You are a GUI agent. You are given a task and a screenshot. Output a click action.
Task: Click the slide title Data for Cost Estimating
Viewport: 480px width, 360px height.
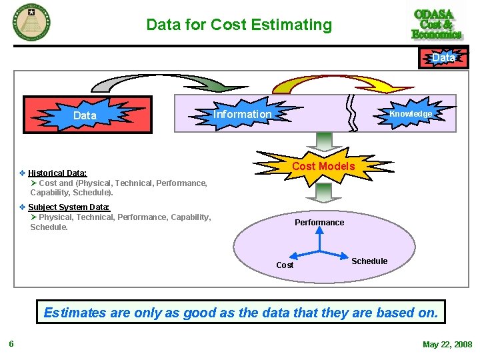point(239,25)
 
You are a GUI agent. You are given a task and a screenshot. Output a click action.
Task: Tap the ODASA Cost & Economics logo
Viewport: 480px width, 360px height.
point(437,24)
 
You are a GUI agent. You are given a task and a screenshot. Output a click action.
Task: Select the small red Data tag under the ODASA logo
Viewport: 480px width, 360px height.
point(443,59)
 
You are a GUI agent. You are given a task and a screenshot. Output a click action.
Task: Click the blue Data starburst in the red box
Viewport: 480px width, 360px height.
point(85,115)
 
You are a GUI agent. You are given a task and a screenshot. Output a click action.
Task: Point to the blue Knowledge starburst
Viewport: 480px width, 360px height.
point(411,114)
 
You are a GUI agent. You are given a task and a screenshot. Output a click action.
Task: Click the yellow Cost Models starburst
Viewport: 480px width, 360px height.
point(323,166)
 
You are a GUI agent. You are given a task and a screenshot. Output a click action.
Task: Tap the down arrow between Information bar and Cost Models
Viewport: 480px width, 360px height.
point(324,141)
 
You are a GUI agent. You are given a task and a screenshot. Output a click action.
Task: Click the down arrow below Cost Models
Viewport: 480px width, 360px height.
point(324,193)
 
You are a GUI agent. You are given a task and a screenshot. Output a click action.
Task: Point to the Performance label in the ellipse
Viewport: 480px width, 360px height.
point(319,223)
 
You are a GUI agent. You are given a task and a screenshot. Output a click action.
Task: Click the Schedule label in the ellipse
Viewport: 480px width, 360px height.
point(369,261)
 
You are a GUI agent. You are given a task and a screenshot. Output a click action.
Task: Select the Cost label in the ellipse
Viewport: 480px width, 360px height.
point(285,265)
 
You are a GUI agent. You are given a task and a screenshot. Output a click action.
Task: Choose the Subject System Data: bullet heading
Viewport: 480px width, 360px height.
point(69,207)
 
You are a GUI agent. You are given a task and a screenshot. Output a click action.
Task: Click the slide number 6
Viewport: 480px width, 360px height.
point(11,344)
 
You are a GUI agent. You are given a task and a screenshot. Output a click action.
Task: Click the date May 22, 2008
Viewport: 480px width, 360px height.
point(447,345)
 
